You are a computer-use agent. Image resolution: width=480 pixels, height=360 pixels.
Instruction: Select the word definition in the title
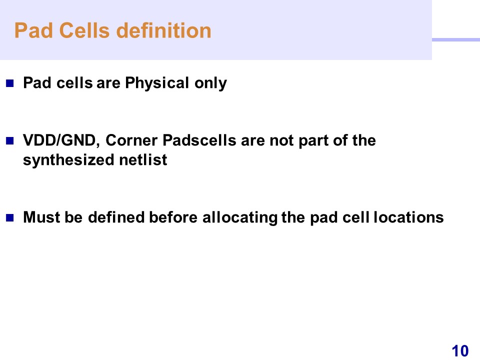(164, 30)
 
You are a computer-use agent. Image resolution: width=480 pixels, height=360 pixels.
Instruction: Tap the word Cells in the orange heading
(84, 30)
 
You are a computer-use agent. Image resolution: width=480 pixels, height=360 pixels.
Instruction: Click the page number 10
(460, 351)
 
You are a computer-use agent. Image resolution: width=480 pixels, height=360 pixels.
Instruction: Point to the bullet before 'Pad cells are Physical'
(10, 83)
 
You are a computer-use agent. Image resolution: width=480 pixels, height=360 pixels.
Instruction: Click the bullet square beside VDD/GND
(10, 140)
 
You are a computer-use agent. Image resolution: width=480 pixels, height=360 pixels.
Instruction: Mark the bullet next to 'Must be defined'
(10, 217)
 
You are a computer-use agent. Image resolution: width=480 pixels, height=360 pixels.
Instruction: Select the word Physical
(157, 83)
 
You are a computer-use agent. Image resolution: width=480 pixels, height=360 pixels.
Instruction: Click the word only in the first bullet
(210, 83)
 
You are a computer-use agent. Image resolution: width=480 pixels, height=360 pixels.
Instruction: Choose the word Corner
(131, 140)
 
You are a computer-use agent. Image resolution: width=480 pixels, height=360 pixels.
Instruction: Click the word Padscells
(199, 140)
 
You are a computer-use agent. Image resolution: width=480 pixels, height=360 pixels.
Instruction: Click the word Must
(41, 217)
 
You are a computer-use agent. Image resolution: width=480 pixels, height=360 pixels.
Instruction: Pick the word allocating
(240, 217)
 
